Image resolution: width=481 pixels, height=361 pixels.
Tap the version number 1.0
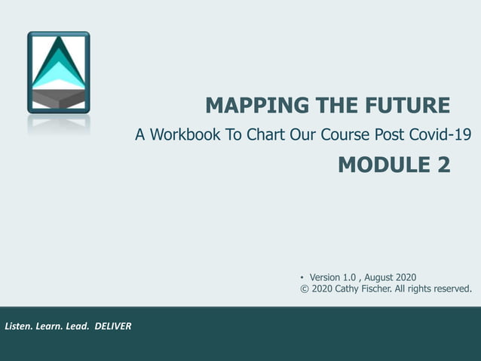(x=350, y=277)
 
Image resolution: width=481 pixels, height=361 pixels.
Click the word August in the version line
(x=381, y=277)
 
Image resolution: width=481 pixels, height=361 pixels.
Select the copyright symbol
(x=305, y=288)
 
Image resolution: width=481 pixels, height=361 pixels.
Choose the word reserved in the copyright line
(x=450, y=288)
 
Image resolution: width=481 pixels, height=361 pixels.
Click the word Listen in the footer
(x=20, y=326)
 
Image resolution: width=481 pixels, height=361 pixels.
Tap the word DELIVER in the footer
(x=113, y=326)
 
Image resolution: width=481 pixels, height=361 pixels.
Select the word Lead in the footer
(x=76, y=326)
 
